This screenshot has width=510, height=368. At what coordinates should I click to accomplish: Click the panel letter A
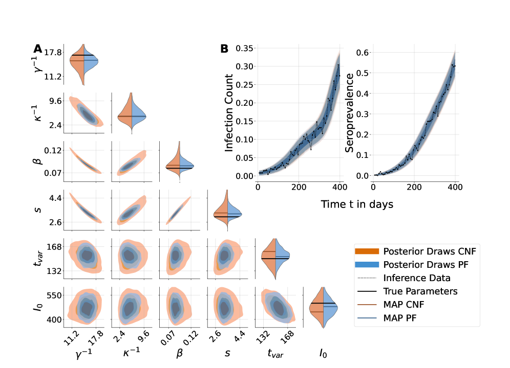(x=37, y=49)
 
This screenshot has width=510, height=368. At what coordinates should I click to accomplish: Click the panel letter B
(x=224, y=49)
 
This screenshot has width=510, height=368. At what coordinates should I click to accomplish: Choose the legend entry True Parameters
(x=420, y=291)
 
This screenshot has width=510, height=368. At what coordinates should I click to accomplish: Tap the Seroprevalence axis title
(x=350, y=113)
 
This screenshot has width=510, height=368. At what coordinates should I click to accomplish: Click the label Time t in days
(x=357, y=204)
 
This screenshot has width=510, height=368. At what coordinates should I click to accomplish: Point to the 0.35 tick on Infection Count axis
(x=245, y=49)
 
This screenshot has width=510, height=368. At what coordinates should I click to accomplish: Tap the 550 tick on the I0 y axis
(x=54, y=295)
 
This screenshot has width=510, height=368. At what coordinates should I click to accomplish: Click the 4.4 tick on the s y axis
(x=56, y=198)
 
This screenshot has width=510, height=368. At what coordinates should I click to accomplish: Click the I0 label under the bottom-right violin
(x=323, y=353)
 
